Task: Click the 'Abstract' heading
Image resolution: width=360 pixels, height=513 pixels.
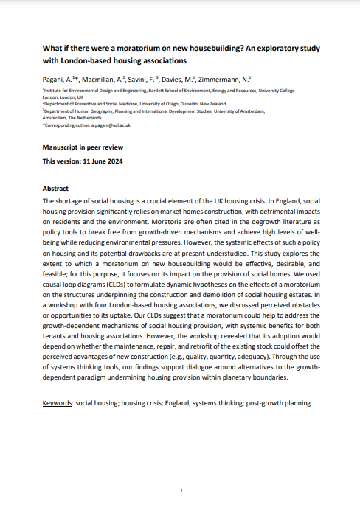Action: click(x=56, y=189)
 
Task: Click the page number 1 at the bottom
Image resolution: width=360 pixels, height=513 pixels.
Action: click(x=180, y=489)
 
